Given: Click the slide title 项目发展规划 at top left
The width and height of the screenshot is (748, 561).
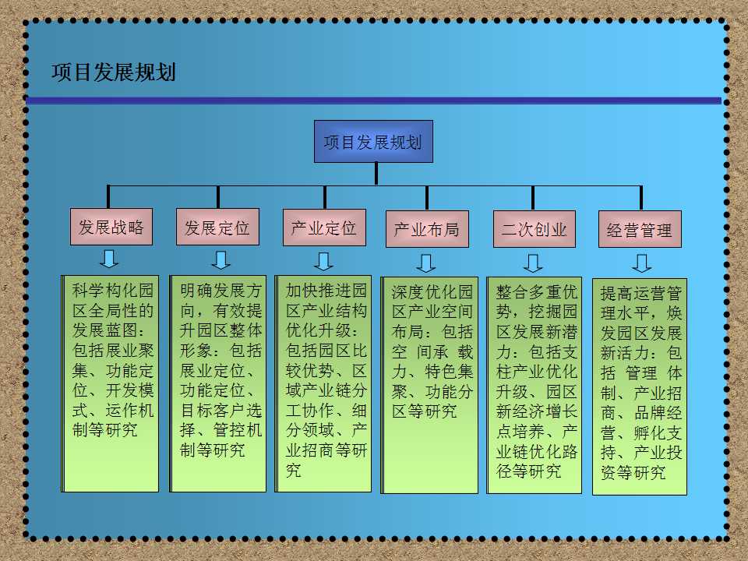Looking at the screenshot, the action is pyautogui.click(x=114, y=72).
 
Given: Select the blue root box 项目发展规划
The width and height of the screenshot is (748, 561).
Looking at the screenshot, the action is pyautogui.click(x=373, y=141).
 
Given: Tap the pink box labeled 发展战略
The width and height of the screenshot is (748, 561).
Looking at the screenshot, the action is pyautogui.click(x=111, y=227).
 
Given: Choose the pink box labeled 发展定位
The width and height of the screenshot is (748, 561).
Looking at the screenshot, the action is pyautogui.click(x=217, y=227).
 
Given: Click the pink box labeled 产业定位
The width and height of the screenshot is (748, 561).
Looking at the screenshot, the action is pyautogui.click(x=324, y=228).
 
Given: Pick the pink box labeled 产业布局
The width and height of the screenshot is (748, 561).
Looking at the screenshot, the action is pyautogui.click(x=427, y=229).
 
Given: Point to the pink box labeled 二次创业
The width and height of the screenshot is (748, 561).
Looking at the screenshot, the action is pyautogui.click(x=535, y=229).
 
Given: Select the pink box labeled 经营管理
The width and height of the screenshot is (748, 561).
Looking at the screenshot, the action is pyautogui.click(x=640, y=229).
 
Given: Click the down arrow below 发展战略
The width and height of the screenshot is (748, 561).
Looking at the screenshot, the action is pyautogui.click(x=109, y=259).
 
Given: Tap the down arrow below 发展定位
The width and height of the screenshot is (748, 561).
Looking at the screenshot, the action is pyautogui.click(x=221, y=260).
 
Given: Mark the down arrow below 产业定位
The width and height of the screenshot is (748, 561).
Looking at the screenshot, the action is pyautogui.click(x=323, y=262).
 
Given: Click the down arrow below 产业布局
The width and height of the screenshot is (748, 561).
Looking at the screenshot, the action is pyautogui.click(x=425, y=263).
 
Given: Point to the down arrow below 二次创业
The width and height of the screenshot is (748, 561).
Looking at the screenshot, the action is pyautogui.click(x=533, y=263).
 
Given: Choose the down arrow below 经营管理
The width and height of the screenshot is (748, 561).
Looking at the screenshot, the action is pyautogui.click(x=641, y=263).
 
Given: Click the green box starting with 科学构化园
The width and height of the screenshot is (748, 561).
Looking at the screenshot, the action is pyautogui.click(x=110, y=383).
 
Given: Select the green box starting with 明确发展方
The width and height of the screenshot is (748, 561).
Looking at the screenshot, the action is pyautogui.click(x=217, y=383).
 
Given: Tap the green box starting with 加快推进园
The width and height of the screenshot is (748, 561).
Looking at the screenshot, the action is pyautogui.click(x=323, y=383).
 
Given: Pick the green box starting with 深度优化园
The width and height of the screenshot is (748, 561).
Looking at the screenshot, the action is pyautogui.click(x=429, y=385).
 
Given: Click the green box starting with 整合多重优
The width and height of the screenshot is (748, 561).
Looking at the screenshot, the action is pyautogui.click(x=535, y=385).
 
